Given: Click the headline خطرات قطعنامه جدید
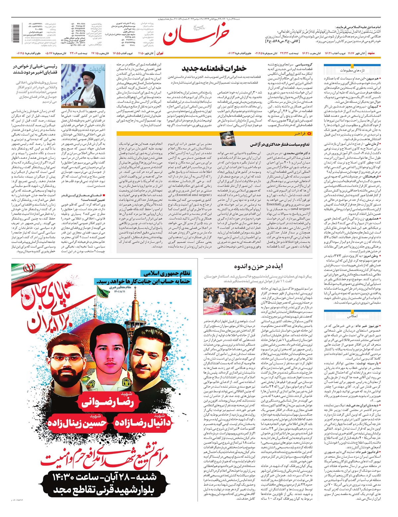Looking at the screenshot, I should (x=214, y=69).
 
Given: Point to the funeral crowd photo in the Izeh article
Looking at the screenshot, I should (x=229, y=301).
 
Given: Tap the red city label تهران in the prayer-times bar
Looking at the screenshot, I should (x=160, y=53).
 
